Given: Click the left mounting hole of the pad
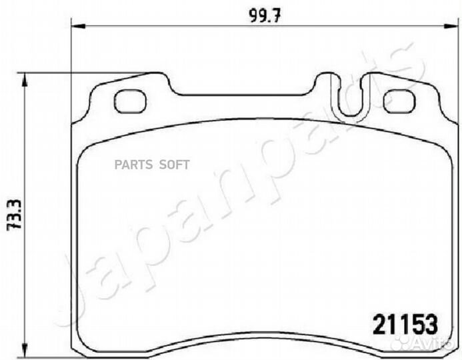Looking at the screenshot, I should pyautogui.click(x=129, y=101).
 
